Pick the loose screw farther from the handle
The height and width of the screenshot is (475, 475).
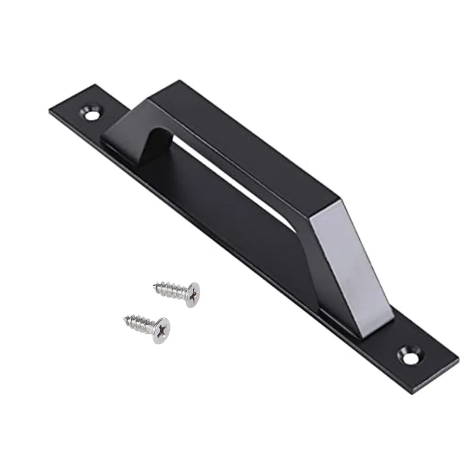(147, 327)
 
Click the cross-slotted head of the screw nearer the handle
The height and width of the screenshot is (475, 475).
(191, 294)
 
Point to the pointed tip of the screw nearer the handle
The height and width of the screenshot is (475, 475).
(155, 286)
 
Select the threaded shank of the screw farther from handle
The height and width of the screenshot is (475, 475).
(140, 324)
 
